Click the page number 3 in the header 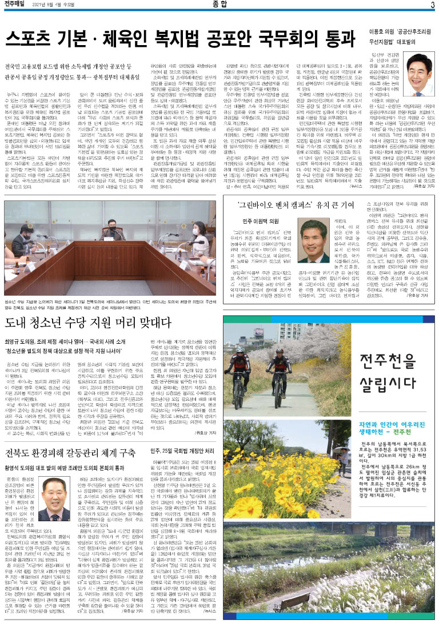coord(432,5)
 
